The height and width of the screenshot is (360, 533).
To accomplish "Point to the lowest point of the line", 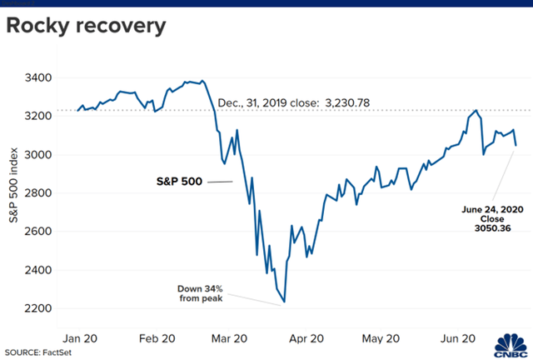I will (286, 302).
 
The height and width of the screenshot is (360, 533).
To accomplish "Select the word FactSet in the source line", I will (67, 352).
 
